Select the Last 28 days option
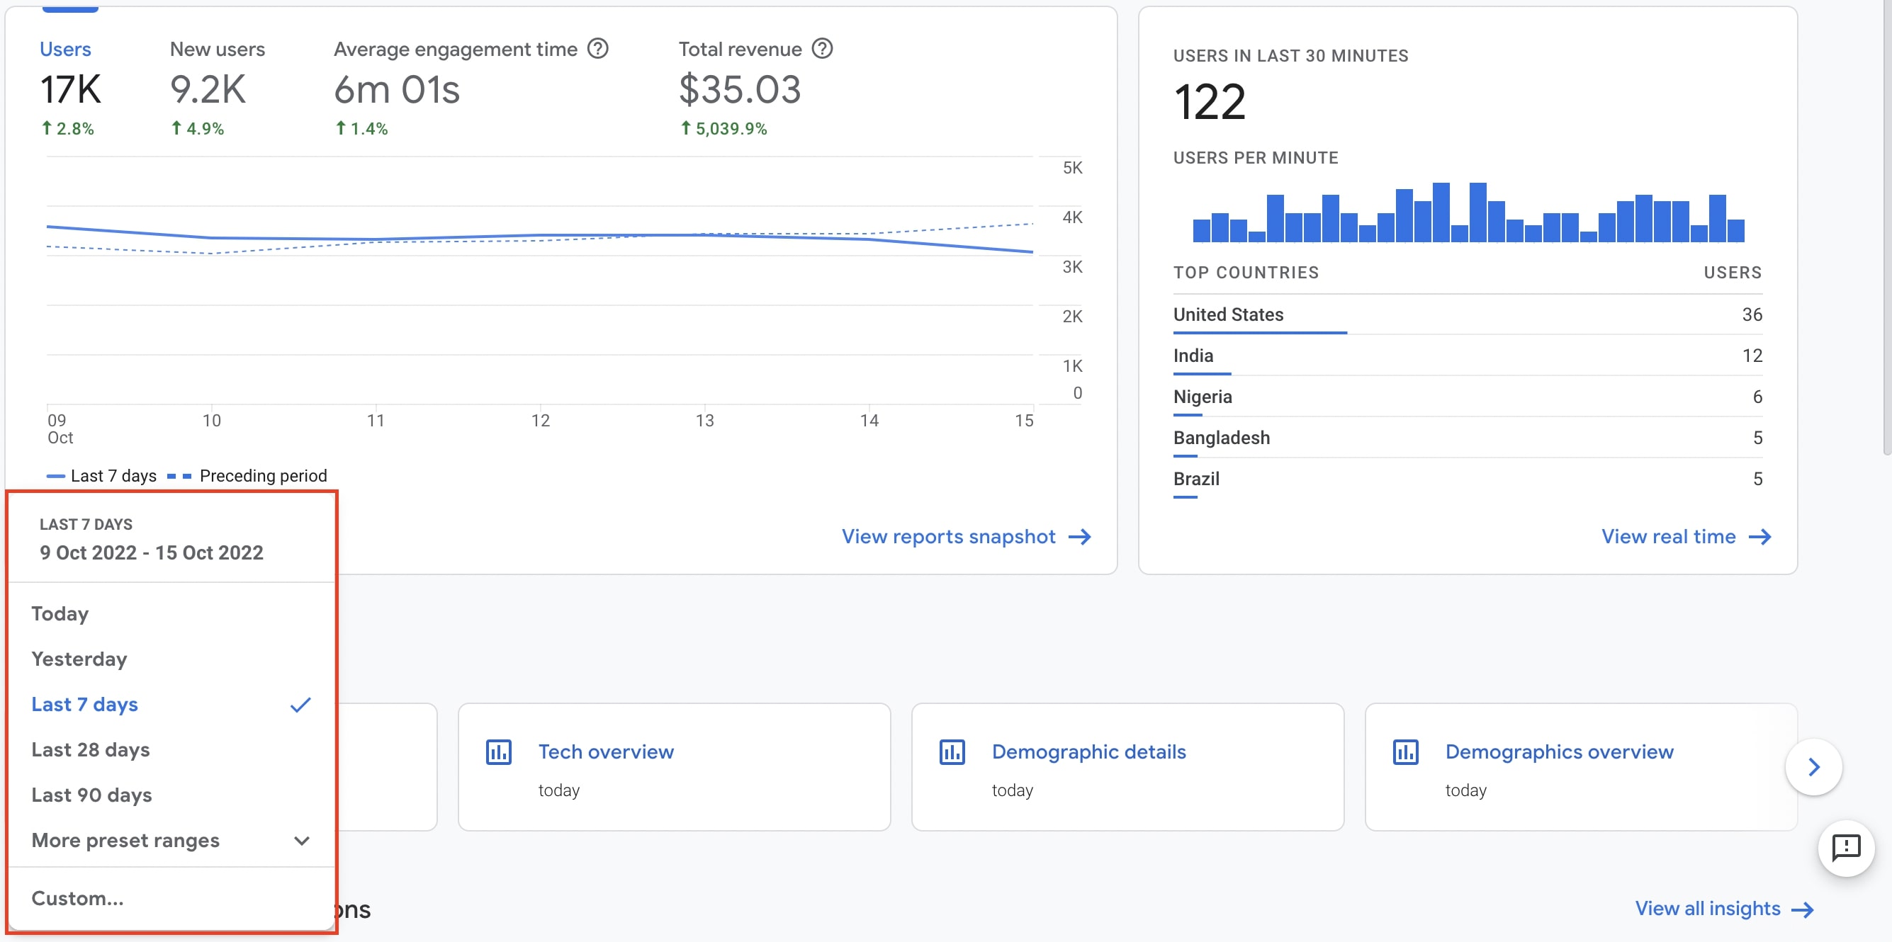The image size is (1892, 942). [x=90, y=749]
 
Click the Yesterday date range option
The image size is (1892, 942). [x=79, y=659]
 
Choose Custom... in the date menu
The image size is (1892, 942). [x=77, y=898]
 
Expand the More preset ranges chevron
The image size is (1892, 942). [x=301, y=841]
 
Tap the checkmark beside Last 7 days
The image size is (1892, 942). [x=300, y=705]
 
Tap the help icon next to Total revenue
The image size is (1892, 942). [x=822, y=48]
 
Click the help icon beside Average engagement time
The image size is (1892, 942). [x=598, y=48]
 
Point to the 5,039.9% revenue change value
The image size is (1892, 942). [x=731, y=128]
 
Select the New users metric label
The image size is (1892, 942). [x=218, y=49]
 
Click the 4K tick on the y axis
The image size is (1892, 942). [x=1071, y=217]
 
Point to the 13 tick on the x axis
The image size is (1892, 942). [x=704, y=421]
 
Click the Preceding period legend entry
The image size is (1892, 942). [x=262, y=476]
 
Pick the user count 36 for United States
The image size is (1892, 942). [x=1751, y=315]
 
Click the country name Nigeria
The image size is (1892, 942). [x=1203, y=397]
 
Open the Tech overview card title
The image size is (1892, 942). [x=605, y=752]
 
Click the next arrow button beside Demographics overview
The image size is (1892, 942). [x=1813, y=767]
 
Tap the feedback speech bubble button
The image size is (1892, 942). [x=1845, y=848]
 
